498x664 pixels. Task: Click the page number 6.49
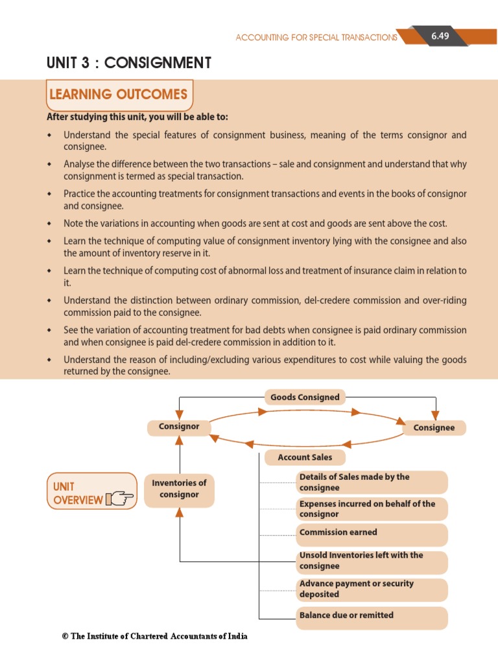pos(440,36)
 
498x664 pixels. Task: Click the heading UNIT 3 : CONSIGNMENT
pos(128,63)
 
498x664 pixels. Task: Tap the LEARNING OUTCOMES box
pos(119,95)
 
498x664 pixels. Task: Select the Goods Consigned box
pos(305,397)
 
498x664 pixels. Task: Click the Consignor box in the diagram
pos(179,427)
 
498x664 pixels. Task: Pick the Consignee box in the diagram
pos(434,428)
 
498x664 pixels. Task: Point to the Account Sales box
pos(305,457)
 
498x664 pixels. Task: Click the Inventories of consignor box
pos(179,489)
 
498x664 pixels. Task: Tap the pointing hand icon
pos(119,499)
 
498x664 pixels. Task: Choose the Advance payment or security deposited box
pos(372,589)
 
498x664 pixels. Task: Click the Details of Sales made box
pos(372,482)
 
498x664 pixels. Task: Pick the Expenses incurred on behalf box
pos(372,509)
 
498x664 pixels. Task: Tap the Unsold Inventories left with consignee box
pos(372,561)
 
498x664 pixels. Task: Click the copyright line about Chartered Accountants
pos(154,636)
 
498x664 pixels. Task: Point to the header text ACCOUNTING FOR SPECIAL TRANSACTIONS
pos(316,38)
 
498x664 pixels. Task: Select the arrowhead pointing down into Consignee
pos(435,415)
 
